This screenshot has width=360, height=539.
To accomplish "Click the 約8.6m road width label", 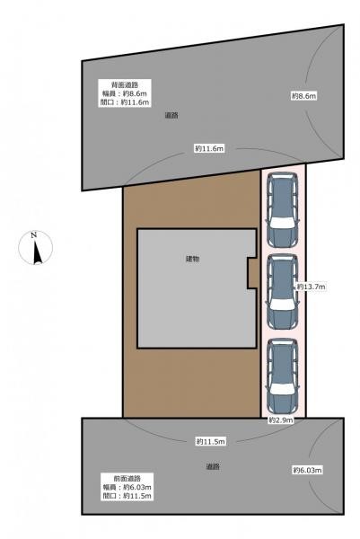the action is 304,96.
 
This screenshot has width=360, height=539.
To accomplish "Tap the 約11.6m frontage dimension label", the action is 209,148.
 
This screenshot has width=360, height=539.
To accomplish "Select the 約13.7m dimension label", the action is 312,287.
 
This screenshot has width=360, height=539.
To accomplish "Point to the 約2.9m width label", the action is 281,420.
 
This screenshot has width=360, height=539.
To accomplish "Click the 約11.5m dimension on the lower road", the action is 211,441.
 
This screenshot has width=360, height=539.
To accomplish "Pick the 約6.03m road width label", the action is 307,470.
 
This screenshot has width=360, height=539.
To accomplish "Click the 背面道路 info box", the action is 125,93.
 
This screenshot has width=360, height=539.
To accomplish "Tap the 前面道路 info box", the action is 127,487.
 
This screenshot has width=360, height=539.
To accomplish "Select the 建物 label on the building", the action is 193,260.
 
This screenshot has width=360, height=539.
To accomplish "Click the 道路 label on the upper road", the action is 171,116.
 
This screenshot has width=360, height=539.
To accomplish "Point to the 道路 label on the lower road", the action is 213,466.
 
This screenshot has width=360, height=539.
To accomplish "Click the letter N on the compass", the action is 33,235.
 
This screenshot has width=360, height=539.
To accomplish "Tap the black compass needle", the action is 37,252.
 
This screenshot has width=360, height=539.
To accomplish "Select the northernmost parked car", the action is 283,209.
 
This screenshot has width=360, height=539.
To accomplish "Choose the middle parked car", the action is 283,291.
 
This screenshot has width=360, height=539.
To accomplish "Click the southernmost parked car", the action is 283,376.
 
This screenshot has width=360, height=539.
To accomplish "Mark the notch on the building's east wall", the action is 252,272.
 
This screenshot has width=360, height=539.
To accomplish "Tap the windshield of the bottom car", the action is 283,389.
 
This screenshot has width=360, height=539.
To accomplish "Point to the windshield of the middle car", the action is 283,305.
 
